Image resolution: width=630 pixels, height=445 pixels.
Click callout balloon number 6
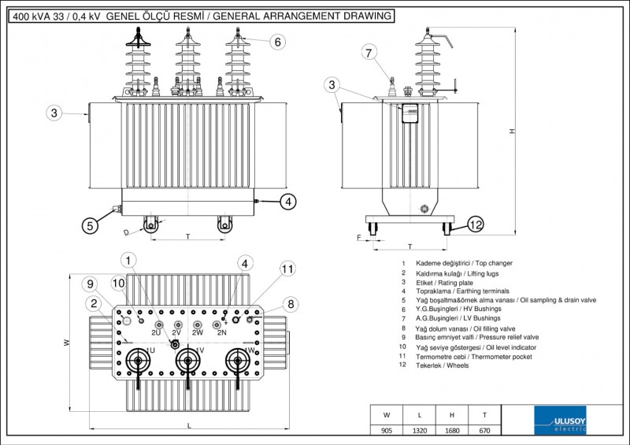tap(276, 43)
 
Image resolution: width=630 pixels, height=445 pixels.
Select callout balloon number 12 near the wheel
tap(475, 225)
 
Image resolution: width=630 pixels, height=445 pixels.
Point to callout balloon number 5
tap(91, 225)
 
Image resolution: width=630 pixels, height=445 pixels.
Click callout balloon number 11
tap(287, 269)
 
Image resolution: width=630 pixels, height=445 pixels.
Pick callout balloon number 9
tap(91, 284)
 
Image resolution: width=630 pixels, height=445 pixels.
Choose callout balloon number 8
tap(290, 304)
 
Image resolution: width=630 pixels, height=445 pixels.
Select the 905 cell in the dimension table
tap(386, 431)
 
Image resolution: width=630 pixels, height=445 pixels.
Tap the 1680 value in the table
tap(451, 431)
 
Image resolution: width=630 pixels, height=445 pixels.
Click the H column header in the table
tap(451, 414)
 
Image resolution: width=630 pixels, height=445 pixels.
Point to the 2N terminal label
tap(221, 333)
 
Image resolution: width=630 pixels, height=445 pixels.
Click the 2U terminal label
tap(155, 333)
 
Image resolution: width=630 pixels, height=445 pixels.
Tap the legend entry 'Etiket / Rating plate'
tap(450, 282)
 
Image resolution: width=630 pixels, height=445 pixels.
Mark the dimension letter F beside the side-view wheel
tap(358, 235)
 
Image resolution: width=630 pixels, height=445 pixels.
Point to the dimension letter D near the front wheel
tap(126, 232)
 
